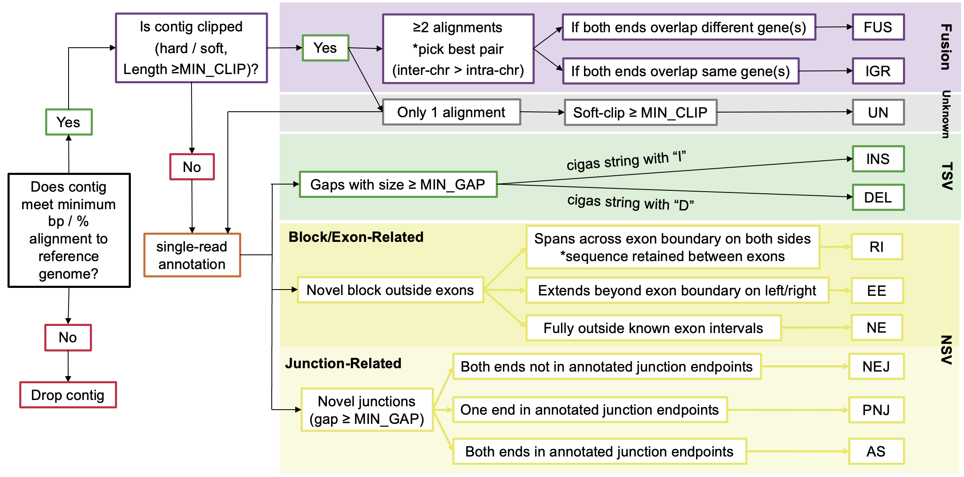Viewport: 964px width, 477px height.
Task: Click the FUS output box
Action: (x=878, y=27)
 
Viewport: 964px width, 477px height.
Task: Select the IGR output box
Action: (x=878, y=71)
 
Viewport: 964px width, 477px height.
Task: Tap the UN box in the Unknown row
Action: (x=878, y=112)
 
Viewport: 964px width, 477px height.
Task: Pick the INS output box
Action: (x=878, y=159)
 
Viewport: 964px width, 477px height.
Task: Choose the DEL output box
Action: (x=878, y=197)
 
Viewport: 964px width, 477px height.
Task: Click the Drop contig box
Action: (x=68, y=395)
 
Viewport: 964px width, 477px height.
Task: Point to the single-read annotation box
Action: (x=192, y=255)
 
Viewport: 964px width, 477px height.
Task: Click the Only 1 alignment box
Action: (x=451, y=112)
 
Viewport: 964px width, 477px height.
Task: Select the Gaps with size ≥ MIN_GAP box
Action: (x=398, y=185)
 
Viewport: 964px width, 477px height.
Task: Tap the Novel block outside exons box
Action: (x=390, y=290)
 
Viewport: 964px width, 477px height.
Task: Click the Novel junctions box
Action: (x=367, y=410)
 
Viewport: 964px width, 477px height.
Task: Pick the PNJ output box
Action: (x=876, y=410)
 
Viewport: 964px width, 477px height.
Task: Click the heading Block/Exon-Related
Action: (x=356, y=237)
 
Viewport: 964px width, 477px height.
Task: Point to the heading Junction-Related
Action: (x=343, y=363)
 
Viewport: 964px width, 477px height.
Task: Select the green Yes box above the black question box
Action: (x=69, y=122)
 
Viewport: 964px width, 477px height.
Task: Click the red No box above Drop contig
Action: (x=68, y=337)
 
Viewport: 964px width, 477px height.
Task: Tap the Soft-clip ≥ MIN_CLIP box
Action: (x=640, y=113)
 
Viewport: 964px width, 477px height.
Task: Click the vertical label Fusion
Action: (x=946, y=47)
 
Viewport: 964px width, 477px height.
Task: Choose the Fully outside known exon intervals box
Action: (x=653, y=328)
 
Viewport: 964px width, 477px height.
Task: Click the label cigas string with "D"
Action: (x=630, y=203)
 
